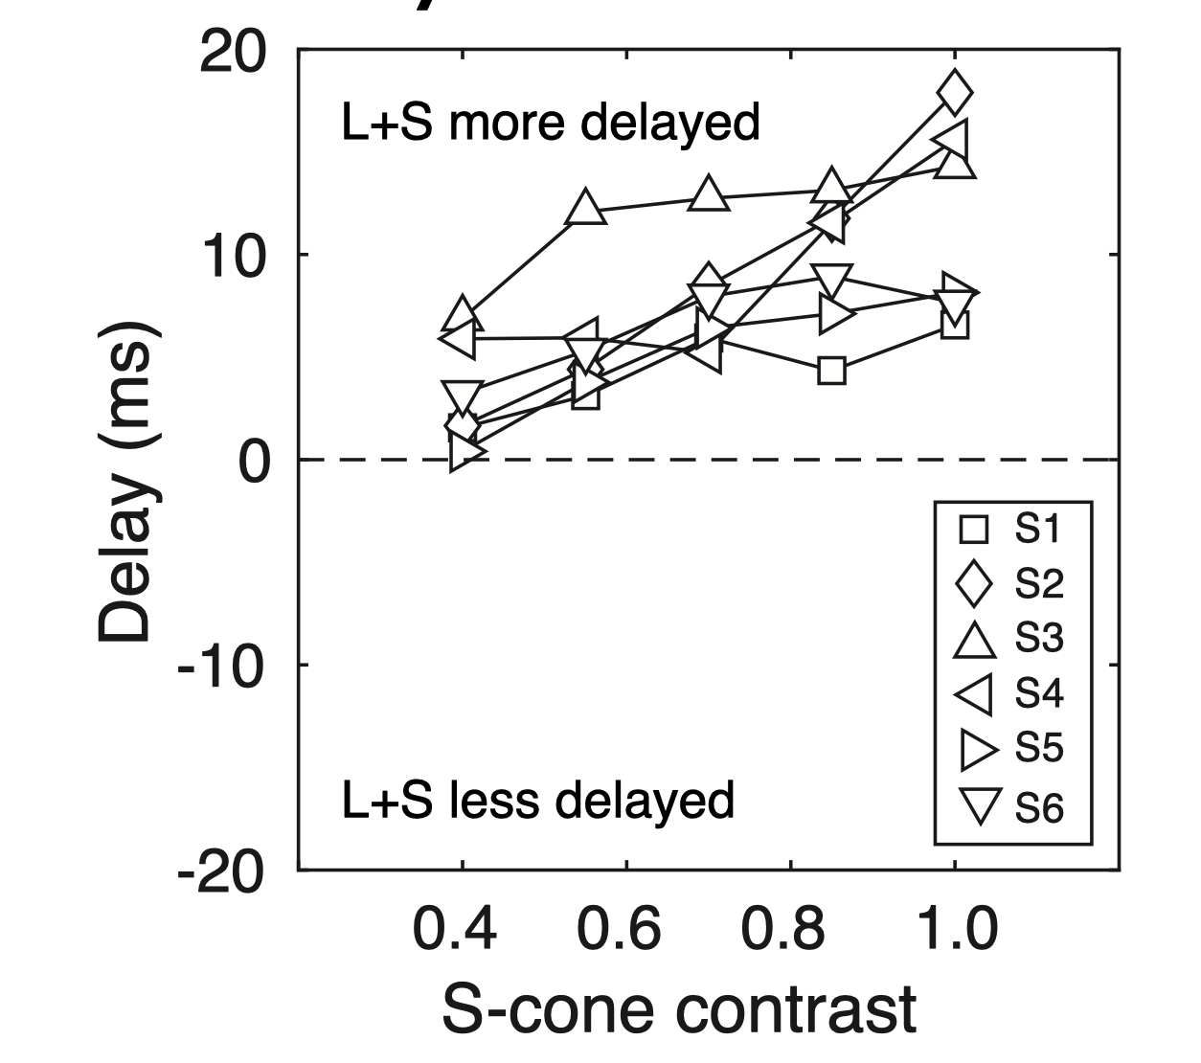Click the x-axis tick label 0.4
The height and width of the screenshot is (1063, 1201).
(x=454, y=928)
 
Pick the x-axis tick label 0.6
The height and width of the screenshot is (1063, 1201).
(x=619, y=928)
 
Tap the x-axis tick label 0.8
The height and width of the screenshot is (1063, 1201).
(x=783, y=928)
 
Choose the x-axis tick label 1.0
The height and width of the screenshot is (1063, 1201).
(x=954, y=928)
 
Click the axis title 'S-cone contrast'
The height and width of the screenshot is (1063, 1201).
(x=678, y=1008)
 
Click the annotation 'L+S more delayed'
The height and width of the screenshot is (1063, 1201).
(x=550, y=123)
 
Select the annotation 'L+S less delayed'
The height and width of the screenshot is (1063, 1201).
(x=537, y=800)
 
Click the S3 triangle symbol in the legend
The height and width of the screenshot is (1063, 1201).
(x=975, y=640)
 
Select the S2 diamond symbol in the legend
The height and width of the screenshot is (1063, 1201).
(x=974, y=584)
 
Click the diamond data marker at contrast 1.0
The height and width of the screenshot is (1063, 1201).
(x=954, y=93)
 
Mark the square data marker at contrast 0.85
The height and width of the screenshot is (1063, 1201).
(x=831, y=370)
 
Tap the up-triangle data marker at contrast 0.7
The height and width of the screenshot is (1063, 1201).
(x=708, y=193)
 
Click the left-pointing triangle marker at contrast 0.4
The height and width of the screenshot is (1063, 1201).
(x=459, y=338)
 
